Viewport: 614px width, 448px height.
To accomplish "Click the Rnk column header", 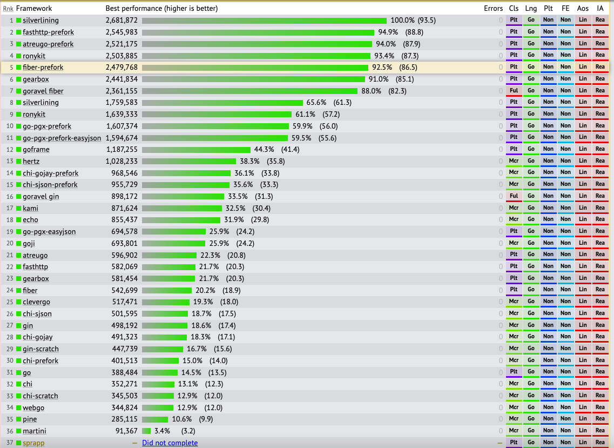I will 8,9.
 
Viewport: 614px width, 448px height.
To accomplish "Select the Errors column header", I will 493,9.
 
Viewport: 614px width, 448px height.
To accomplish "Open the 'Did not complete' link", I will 170,443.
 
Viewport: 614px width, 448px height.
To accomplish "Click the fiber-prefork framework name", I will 43,68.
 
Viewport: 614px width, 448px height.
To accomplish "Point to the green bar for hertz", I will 189,161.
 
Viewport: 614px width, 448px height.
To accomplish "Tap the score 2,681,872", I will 122,21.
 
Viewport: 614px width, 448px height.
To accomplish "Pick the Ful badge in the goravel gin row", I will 514,196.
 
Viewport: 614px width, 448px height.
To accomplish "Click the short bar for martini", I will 146,431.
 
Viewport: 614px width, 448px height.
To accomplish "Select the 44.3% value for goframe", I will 264,149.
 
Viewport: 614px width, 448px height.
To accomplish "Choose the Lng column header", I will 531,9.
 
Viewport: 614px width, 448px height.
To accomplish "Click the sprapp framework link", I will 33,443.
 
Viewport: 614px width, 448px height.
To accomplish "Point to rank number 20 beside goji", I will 10,243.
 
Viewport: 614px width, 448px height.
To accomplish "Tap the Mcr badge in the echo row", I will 514,220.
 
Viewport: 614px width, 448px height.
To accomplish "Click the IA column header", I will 600,9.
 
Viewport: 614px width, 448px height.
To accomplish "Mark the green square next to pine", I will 19,419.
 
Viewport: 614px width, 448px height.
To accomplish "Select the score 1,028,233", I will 122,161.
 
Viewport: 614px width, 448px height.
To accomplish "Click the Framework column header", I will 34,9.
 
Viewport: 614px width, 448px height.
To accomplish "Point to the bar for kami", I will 182,208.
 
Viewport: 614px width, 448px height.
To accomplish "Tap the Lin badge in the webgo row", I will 583,407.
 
